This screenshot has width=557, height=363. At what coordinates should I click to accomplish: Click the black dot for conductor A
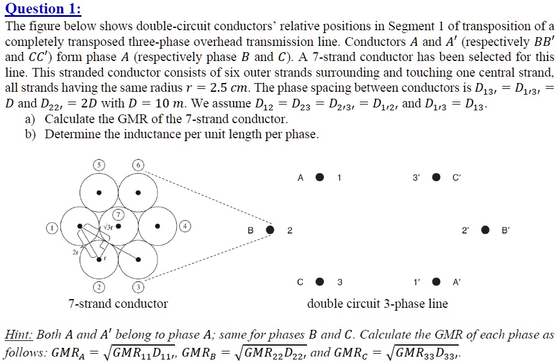click(320, 178)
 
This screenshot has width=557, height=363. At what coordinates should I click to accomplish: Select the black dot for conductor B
click(270, 230)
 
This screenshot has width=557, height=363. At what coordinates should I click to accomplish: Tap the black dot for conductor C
click(320, 282)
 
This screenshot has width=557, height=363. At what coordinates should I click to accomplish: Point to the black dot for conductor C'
click(436, 178)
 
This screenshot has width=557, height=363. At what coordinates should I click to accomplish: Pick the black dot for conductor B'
click(485, 230)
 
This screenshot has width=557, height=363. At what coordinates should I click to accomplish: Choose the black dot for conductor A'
click(436, 282)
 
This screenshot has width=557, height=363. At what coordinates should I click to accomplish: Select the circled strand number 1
click(52, 228)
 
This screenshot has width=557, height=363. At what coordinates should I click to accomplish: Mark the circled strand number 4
click(185, 225)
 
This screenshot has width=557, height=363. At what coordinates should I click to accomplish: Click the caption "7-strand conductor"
click(117, 304)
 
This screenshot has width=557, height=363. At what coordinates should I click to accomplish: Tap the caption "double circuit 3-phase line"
click(377, 304)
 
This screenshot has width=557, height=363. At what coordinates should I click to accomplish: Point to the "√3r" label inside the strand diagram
click(108, 226)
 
